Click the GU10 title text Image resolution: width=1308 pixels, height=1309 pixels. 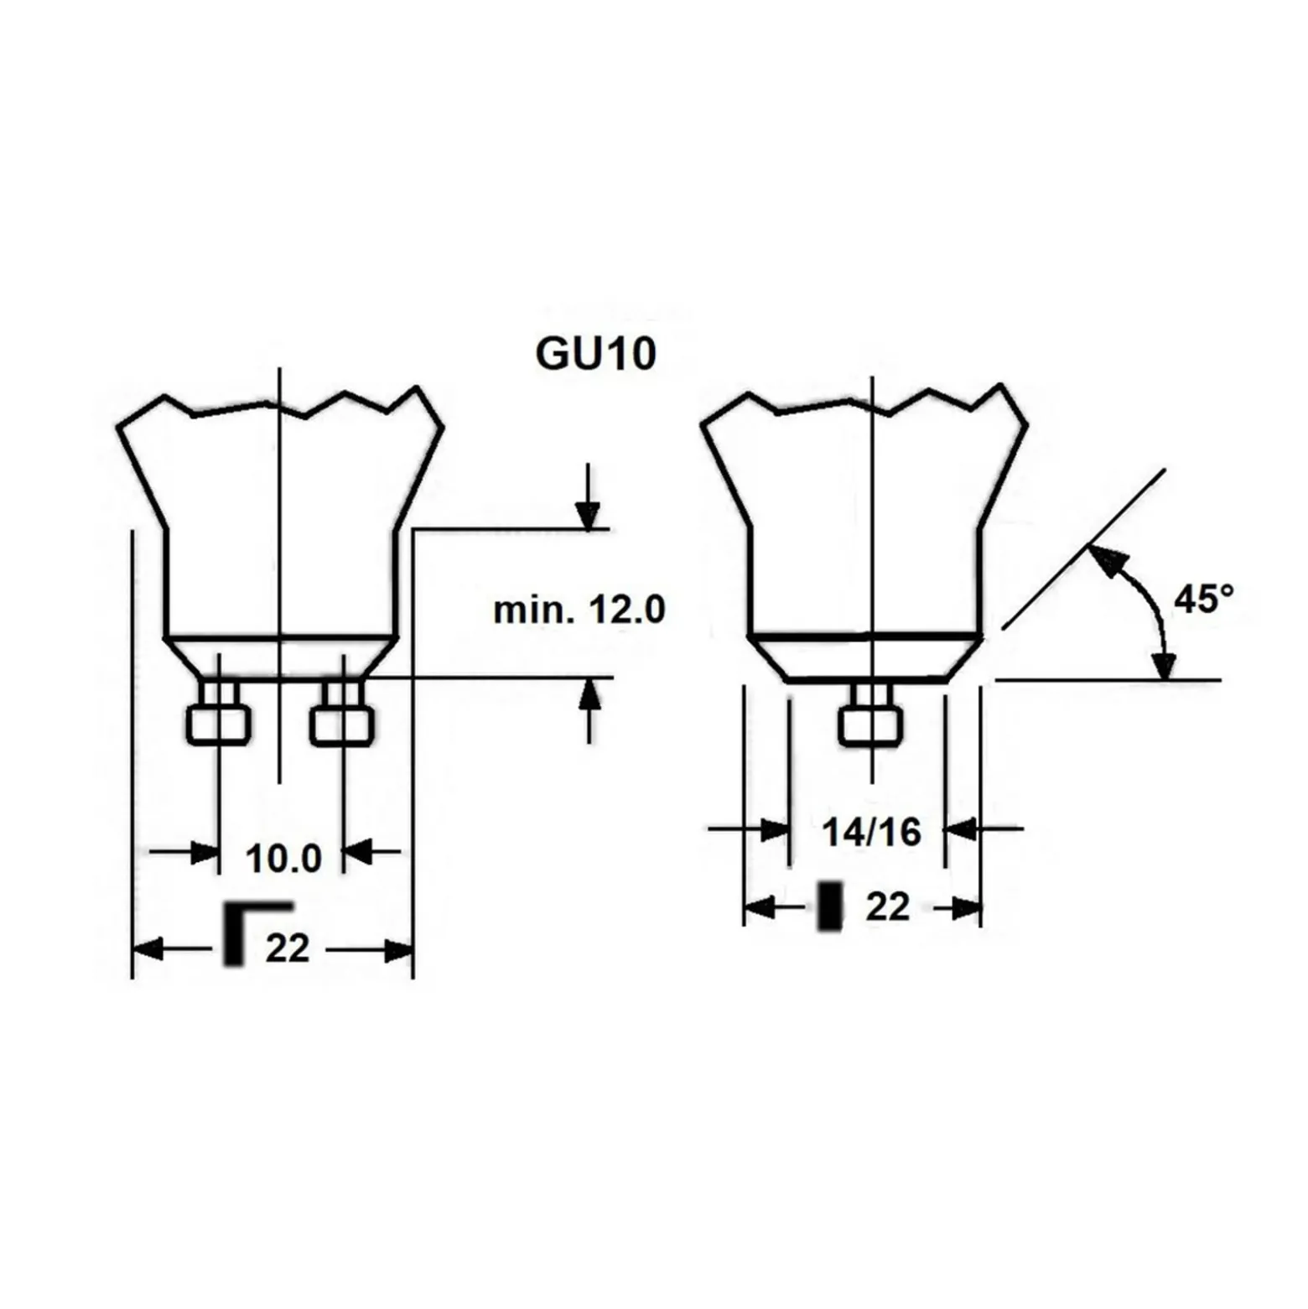tap(595, 353)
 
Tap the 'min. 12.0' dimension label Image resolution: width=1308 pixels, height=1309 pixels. tap(579, 610)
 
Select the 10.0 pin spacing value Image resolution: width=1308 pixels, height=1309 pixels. tap(283, 858)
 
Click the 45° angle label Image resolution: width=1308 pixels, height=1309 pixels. tap(1203, 599)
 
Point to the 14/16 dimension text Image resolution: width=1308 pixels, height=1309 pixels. tap(871, 832)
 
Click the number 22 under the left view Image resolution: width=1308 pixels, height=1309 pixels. tap(288, 948)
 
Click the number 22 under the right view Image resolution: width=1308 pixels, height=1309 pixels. tap(888, 907)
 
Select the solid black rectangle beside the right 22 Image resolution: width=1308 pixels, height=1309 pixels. tap(830, 906)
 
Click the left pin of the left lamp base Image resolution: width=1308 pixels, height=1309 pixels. tap(219, 712)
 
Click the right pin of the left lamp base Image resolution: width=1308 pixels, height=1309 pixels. tap(342, 712)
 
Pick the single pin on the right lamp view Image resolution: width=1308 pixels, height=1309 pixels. tap(871, 714)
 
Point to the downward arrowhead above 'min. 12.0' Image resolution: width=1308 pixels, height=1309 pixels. tap(588, 513)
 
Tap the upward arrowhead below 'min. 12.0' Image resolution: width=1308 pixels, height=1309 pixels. tap(590, 693)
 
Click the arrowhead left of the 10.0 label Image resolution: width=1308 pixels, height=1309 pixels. tap(205, 853)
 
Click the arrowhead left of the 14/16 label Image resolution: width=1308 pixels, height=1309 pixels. tap(775, 830)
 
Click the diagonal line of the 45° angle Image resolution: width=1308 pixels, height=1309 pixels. tap(1083, 549)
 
